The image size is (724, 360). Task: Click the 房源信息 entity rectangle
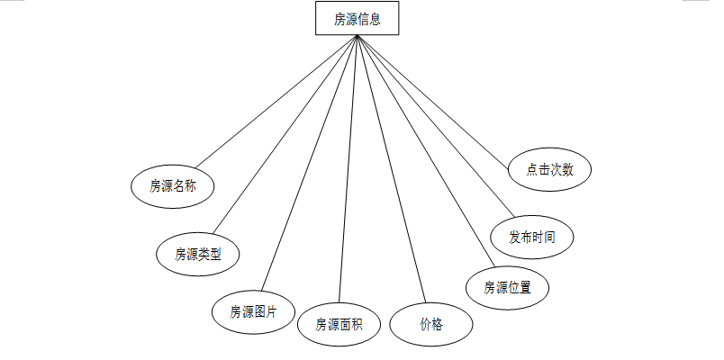pos(357,18)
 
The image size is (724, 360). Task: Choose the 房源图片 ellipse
pos(252,311)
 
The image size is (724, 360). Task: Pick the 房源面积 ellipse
pos(339,325)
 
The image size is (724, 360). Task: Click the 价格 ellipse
pos(431,324)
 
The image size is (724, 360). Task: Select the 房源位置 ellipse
pos(507,288)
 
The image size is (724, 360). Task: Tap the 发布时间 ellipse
pos(531,238)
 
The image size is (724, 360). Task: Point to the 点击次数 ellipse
pos(548,169)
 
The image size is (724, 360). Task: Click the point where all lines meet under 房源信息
pos(357,36)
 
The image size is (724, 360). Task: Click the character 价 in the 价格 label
pos(425,325)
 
